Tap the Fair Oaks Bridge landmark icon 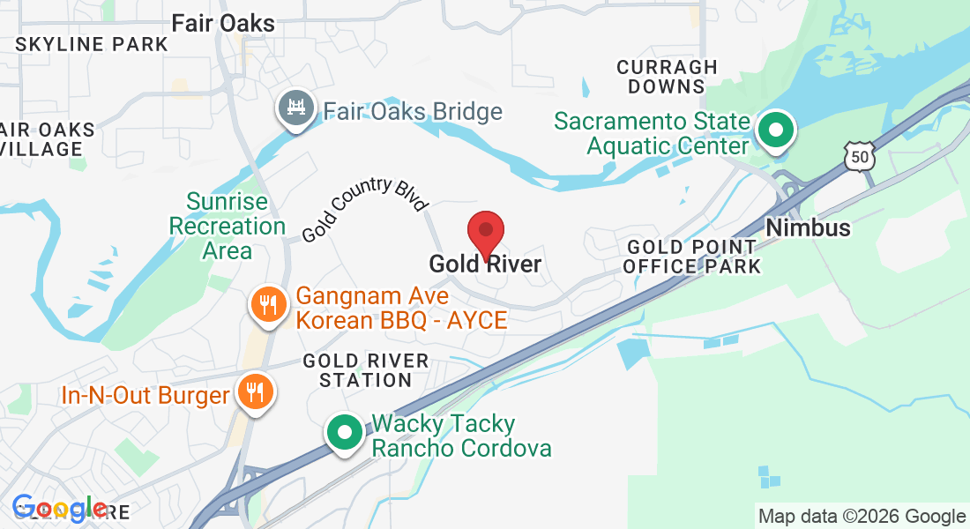tap(295, 108)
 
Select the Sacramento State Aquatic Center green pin tap(776, 130)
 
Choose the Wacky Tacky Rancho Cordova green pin tap(345, 433)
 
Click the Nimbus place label tap(808, 227)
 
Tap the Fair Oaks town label tap(223, 23)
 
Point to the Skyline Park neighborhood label tap(92, 44)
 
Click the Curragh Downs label tap(667, 77)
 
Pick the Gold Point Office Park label tap(691, 257)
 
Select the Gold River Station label tap(365, 370)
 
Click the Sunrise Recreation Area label tap(228, 227)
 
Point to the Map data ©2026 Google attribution tap(862, 517)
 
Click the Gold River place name tap(485, 264)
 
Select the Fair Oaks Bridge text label tap(413, 112)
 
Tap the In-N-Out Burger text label tap(145, 395)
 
